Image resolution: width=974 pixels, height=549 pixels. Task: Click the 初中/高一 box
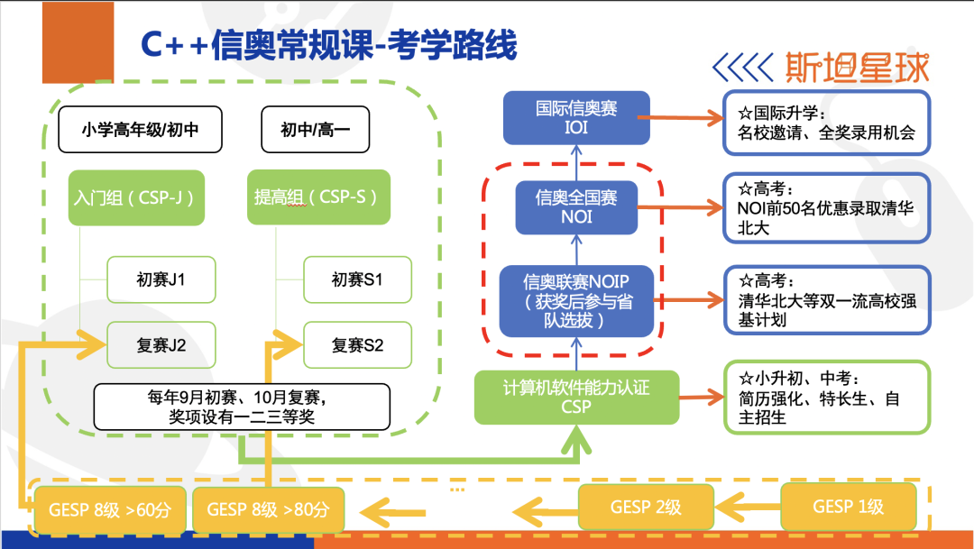pos(316,131)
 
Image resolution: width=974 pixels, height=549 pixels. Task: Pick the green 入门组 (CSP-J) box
pos(136,197)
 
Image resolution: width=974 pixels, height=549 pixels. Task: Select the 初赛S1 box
pos(357,279)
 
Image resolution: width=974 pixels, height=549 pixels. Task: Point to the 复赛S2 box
pos(357,344)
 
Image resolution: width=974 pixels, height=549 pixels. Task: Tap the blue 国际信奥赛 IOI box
pos(576,117)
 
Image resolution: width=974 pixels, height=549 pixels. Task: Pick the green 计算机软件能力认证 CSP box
pos(576,397)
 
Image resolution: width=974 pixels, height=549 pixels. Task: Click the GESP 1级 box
pos(848,507)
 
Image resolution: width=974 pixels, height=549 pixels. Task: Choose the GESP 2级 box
pos(646,507)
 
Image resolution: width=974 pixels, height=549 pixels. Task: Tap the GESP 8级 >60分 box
pos(97,509)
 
